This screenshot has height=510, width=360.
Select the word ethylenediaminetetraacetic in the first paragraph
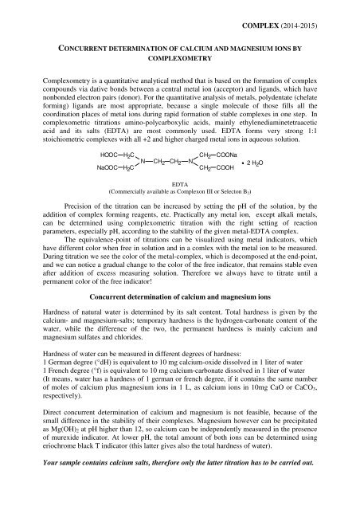pyautogui.click(x=271, y=159)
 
